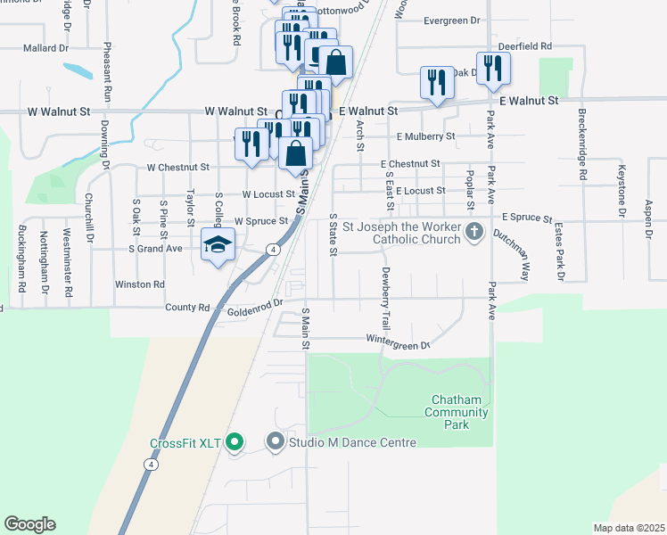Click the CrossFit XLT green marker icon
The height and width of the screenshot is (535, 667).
235,441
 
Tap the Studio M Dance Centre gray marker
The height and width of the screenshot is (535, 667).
276,441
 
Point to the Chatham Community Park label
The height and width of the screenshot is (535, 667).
457,411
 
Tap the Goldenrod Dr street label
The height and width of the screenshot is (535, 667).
254,304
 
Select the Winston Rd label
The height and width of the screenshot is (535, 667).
140,284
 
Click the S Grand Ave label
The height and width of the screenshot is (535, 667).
156,249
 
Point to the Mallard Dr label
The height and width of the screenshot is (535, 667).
48,48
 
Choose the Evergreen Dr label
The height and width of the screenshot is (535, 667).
451,21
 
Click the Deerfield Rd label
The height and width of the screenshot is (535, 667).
525,46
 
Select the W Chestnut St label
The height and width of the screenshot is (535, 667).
177,167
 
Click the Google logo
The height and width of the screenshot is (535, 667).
29,524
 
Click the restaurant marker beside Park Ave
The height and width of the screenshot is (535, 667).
492,69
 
